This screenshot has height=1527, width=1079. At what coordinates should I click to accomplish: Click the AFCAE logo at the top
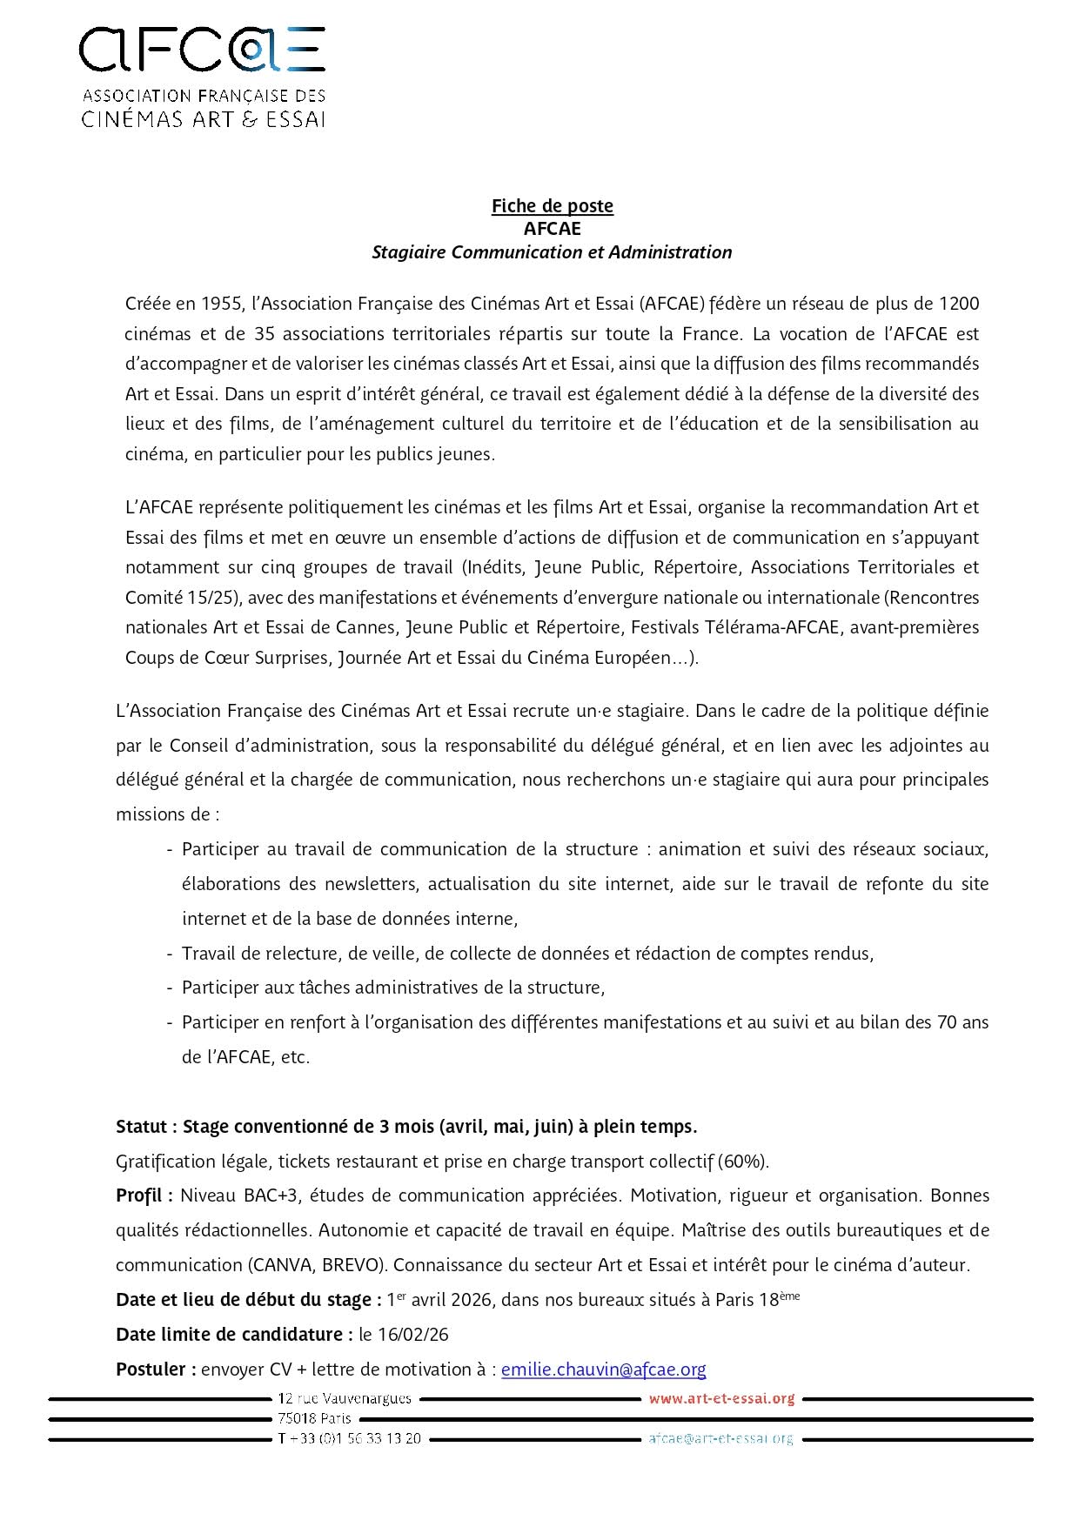pyautogui.click(x=202, y=77)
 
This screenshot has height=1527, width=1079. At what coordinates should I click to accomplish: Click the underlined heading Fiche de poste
pyautogui.click(x=552, y=206)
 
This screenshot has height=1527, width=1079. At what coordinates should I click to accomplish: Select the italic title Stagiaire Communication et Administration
pyautogui.click(x=552, y=252)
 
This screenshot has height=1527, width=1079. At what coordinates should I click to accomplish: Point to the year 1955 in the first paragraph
pyautogui.click(x=223, y=304)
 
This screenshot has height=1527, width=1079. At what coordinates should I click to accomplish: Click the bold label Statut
pyautogui.click(x=143, y=1127)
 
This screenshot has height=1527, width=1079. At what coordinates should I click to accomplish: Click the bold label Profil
pyautogui.click(x=141, y=1195)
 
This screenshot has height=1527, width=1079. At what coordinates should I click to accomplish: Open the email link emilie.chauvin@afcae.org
pyautogui.click(x=603, y=1370)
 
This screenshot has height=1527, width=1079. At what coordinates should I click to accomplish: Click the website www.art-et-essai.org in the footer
pyautogui.click(x=721, y=1399)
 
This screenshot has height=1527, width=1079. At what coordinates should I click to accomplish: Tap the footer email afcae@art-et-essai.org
pyautogui.click(x=720, y=1439)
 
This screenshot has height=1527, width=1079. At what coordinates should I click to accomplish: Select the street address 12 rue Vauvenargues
pyautogui.click(x=345, y=1399)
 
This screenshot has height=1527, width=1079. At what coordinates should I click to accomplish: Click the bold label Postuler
pyautogui.click(x=153, y=1370)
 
